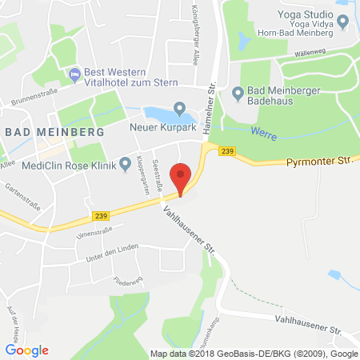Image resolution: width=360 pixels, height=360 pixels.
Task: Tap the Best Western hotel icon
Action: coord(75,75)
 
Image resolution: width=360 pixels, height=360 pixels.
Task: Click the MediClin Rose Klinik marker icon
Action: coord(125,166)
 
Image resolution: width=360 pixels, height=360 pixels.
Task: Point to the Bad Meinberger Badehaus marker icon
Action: coord(238,93)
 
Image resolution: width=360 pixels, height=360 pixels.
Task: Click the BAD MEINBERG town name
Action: coord(39,132)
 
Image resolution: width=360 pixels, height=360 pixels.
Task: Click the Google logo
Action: coord(26,350)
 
